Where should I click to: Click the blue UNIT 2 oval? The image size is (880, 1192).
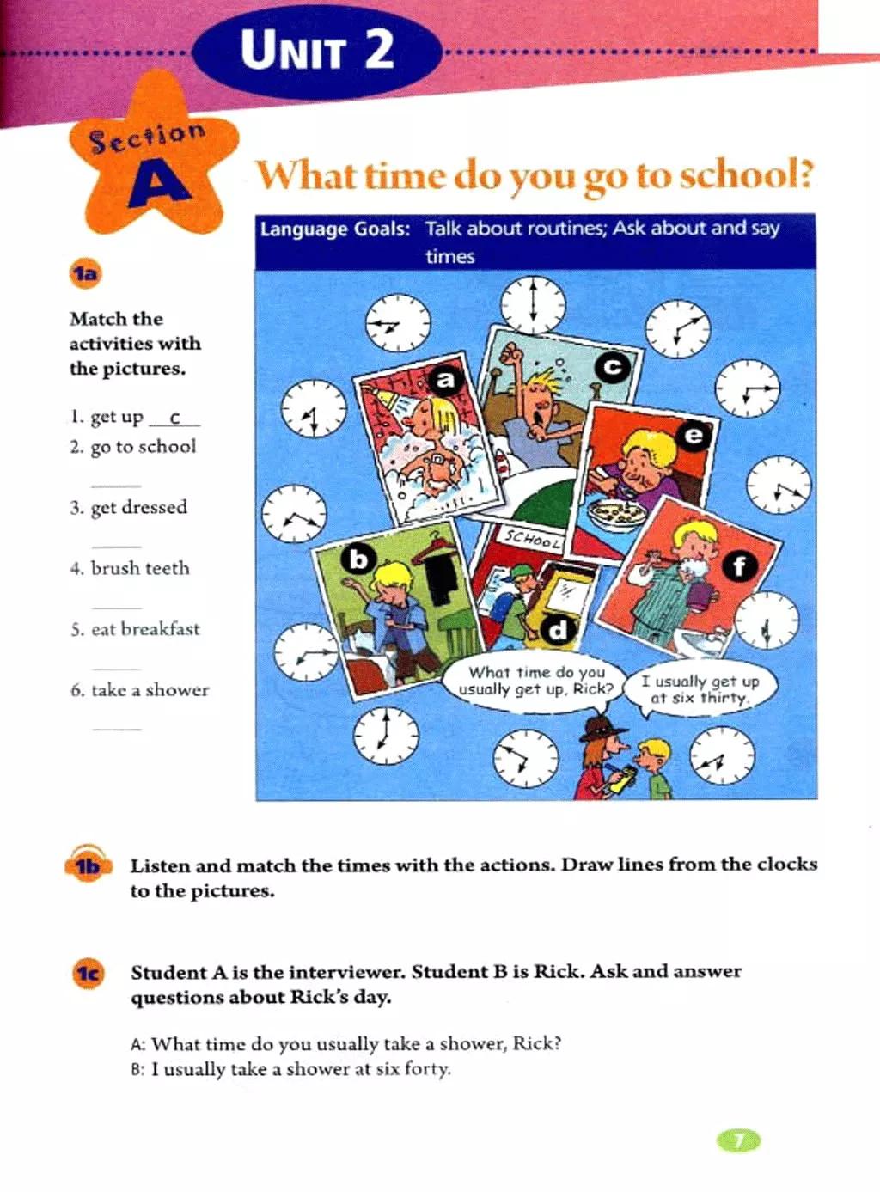coord(316,50)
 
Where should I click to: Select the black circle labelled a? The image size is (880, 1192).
coord(444,379)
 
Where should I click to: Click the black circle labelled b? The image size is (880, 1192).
coord(358,559)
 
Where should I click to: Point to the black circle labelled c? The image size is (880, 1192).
coord(613,368)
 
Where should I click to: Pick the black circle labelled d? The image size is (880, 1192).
coord(558,630)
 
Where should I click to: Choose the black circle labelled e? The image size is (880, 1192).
coord(693,436)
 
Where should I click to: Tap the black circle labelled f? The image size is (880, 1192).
coord(739,565)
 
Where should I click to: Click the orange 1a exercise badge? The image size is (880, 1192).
coord(85,274)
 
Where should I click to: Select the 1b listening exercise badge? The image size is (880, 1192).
coord(87,865)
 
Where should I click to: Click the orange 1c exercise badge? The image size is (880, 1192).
coord(88,973)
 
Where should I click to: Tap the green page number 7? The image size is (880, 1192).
coord(738,1140)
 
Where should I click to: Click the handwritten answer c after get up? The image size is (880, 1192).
coord(174,419)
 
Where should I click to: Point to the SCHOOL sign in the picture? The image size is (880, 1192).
coord(533,539)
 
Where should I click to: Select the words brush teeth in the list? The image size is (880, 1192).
coord(140,568)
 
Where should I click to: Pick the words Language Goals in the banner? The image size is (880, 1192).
coord(334,229)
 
